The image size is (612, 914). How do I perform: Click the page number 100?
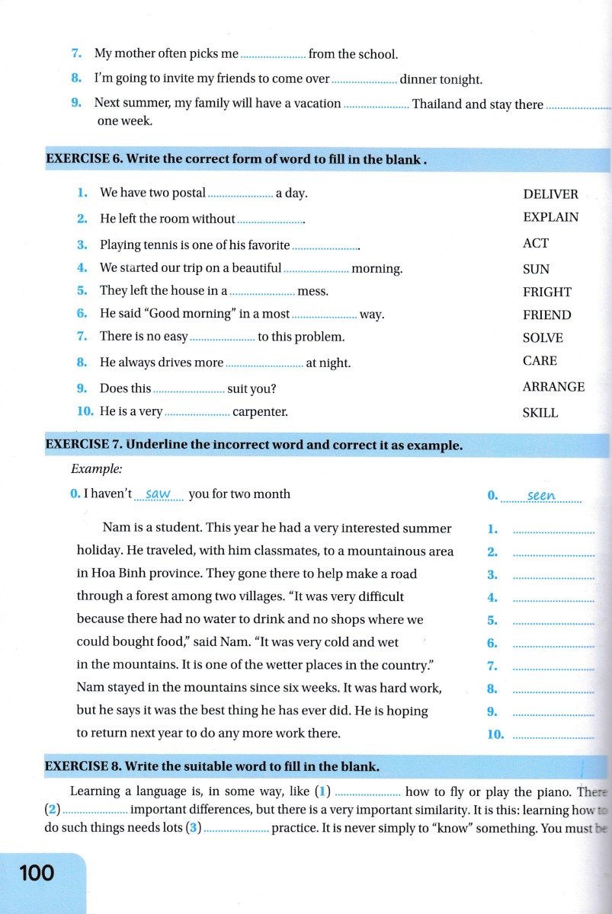[x=37, y=872]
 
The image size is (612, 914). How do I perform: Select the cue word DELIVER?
[x=550, y=194]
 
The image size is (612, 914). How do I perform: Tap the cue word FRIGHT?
[x=546, y=292]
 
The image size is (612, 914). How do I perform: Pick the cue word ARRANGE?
[x=553, y=387]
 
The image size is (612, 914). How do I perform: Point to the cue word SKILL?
[x=540, y=413]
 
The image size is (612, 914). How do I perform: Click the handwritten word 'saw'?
[x=158, y=494]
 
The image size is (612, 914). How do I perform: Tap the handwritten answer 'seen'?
[x=541, y=496]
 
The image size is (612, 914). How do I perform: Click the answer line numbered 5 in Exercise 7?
[x=554, y=622]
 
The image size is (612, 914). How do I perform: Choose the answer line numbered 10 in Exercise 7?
[x=554, y=736]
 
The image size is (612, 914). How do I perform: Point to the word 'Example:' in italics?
[x=96, y=470]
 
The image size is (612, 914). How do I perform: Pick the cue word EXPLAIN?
[x=550, y=217]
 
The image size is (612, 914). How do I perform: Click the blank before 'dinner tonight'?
[x=364, y=80]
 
